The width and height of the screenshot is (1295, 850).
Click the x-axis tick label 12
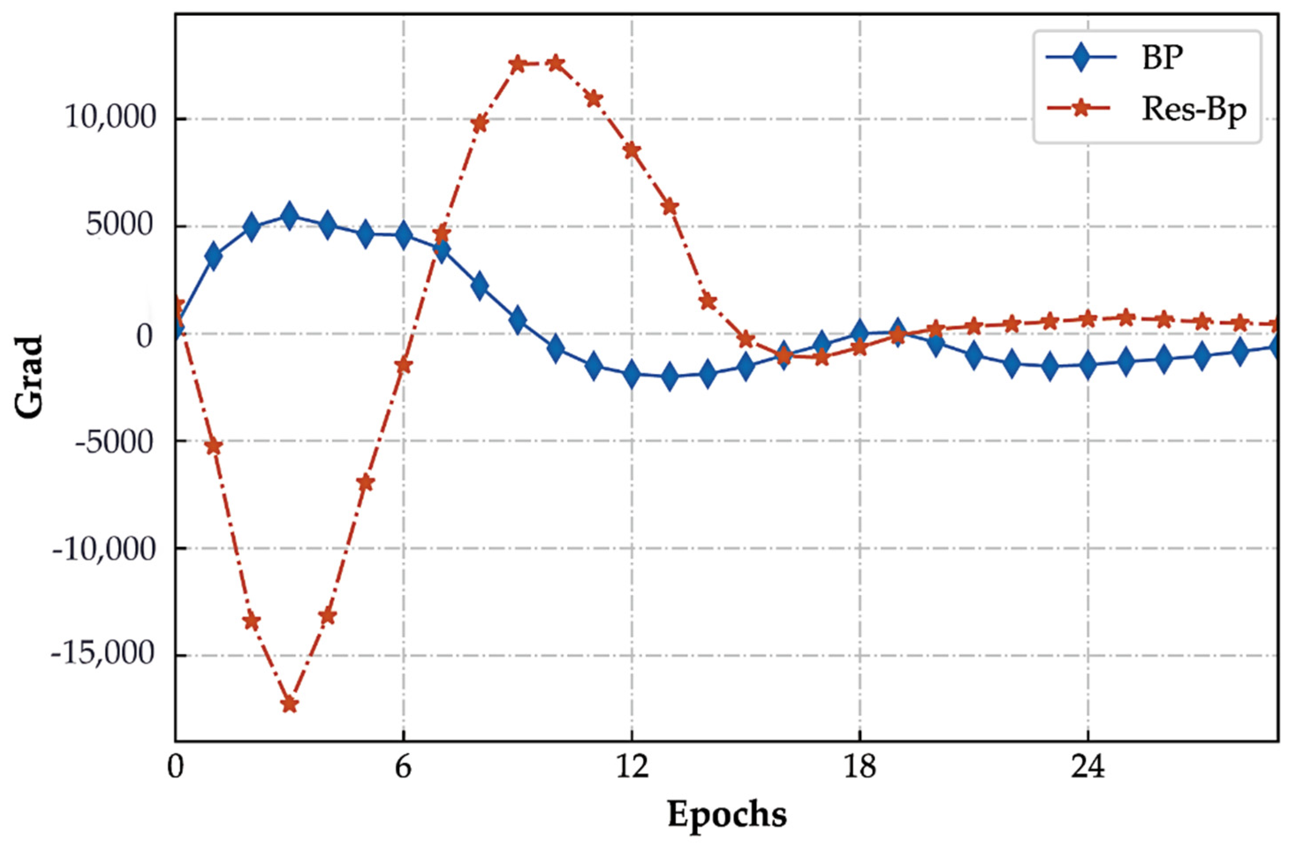(x=631, y=768)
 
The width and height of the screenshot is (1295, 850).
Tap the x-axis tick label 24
(x=1088, y=768)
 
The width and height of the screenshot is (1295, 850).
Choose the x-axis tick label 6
(x=403, y=768)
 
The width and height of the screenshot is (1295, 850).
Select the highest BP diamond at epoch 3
(x=289, y=216)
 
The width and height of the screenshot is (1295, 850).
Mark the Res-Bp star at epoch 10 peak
(x=555, y=63)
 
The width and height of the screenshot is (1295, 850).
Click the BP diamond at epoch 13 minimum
(x=669, y=376)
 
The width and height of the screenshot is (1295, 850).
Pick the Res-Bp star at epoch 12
(x=631, y=150)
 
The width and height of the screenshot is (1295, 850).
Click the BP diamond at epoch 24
(x=1088, y=364)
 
